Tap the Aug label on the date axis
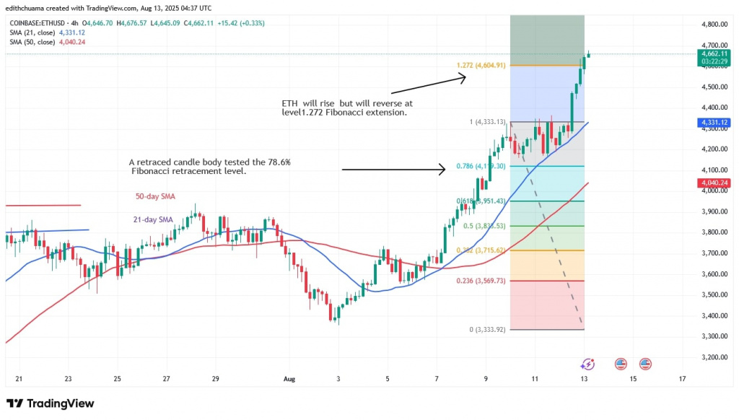click(289, 378)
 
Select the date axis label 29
click(215, 378)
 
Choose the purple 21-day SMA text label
click(153, 219)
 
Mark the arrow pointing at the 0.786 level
click(393, 170)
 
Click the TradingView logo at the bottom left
click(50, 403)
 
